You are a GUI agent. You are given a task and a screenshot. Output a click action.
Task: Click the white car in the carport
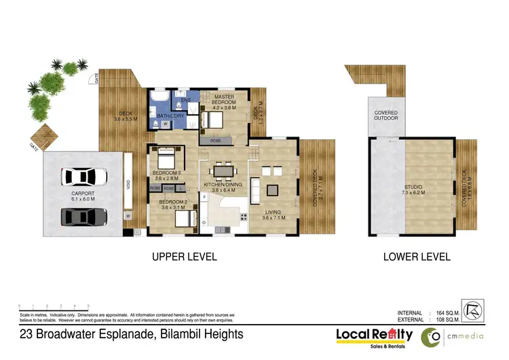[83, 177]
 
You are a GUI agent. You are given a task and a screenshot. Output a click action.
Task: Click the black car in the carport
[83, 217]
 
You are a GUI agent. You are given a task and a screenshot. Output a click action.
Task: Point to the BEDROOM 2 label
[173, 202]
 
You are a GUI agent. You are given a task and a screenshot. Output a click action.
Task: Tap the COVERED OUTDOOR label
[384, 114]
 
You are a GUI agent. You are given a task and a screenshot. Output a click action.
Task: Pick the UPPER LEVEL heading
[185, 257]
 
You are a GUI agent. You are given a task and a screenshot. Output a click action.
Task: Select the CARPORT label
[83, 196]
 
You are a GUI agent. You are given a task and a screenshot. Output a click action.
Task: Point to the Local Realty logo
[375, 335]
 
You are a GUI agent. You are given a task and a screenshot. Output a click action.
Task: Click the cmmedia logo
[452, 336]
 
